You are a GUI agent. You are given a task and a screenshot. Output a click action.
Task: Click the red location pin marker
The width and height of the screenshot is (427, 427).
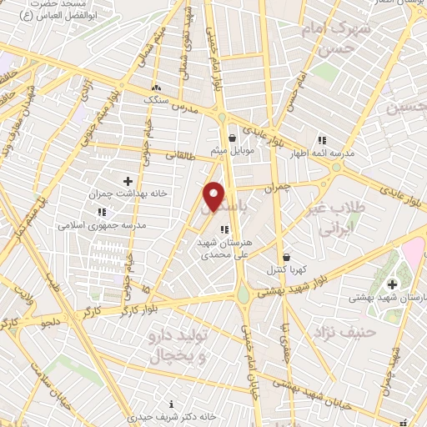(x=214, y=195)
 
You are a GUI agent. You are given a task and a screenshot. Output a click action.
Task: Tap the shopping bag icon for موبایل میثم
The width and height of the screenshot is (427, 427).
(x=233, y=138)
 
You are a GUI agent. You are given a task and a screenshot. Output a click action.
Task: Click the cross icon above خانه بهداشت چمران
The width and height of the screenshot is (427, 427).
(x=128, y=180)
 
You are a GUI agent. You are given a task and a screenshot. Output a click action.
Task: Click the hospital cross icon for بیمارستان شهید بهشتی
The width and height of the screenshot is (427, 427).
(x=392, y=284)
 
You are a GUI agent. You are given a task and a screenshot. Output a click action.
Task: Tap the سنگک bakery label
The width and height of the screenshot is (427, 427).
(x=155, y=98)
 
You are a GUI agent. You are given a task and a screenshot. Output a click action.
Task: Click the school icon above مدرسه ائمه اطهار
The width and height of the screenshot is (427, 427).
(x=321, y=139)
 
